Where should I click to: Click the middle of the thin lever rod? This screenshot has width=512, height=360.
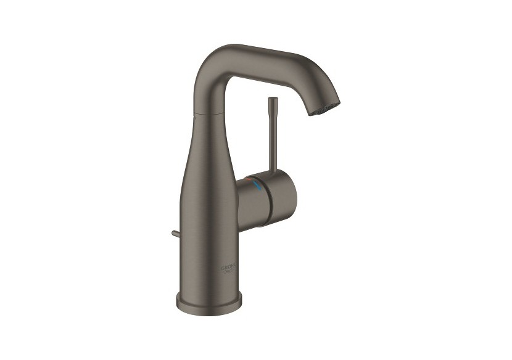point(271,136)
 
